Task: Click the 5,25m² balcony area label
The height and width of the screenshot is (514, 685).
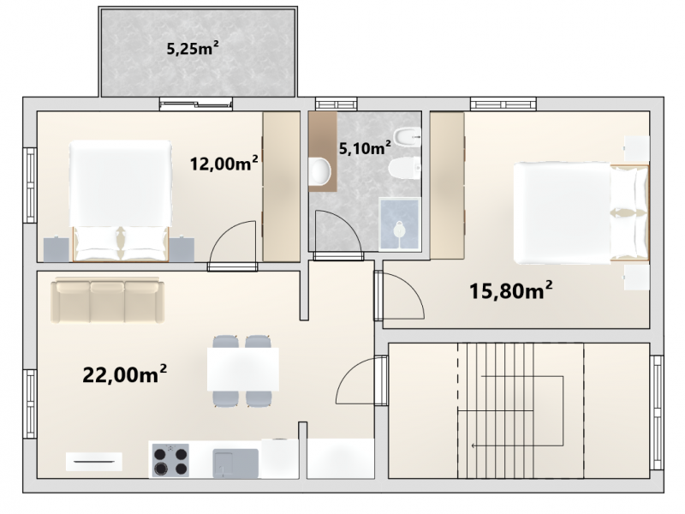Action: pyautogui.click(x=193, y=48)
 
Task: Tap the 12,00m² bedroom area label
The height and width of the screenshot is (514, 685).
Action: pyautogui.click(x=223, y=164)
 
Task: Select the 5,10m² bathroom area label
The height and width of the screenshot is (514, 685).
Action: pyautogui.click(x=365, y=148)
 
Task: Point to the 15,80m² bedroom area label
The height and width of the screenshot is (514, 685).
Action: pyautogui.click(x=510, y=290)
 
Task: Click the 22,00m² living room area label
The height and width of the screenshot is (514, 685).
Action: pyautogui.click(x=124, y=374)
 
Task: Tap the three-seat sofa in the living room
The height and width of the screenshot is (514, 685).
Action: pyautogui.click(x=108, y=301)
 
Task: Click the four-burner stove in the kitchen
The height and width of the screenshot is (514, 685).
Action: pyautogui.click(x=170, y=460)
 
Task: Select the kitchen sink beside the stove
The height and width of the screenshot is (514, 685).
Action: pyautogui.click(x=235, y=463)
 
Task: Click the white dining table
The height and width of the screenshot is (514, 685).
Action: pyautogui.click(x=243, y=369)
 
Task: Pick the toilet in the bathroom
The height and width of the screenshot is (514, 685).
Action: pyautogui.click(x=404, y=168)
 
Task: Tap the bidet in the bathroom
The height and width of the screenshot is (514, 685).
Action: pyautogui.click(x=408, y=134)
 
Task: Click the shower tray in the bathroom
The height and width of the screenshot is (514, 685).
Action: pyautogui.click(x=399, y=224)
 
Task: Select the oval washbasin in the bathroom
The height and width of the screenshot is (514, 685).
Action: pyautogui.click(x=320, y=170)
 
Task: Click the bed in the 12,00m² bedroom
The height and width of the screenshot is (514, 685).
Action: pyautogui.click(x=120, y=201)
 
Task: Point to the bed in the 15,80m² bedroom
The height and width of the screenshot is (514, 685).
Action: pyautogui.click(x=581, y=213)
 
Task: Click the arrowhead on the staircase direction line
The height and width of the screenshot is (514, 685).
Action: pyautogui.click(x=474, y=445)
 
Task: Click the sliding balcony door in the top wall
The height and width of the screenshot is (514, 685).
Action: pyautogui.click(x=196, y=104)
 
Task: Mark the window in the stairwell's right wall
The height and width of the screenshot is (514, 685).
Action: pyautogui.click(x=656, y=413)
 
